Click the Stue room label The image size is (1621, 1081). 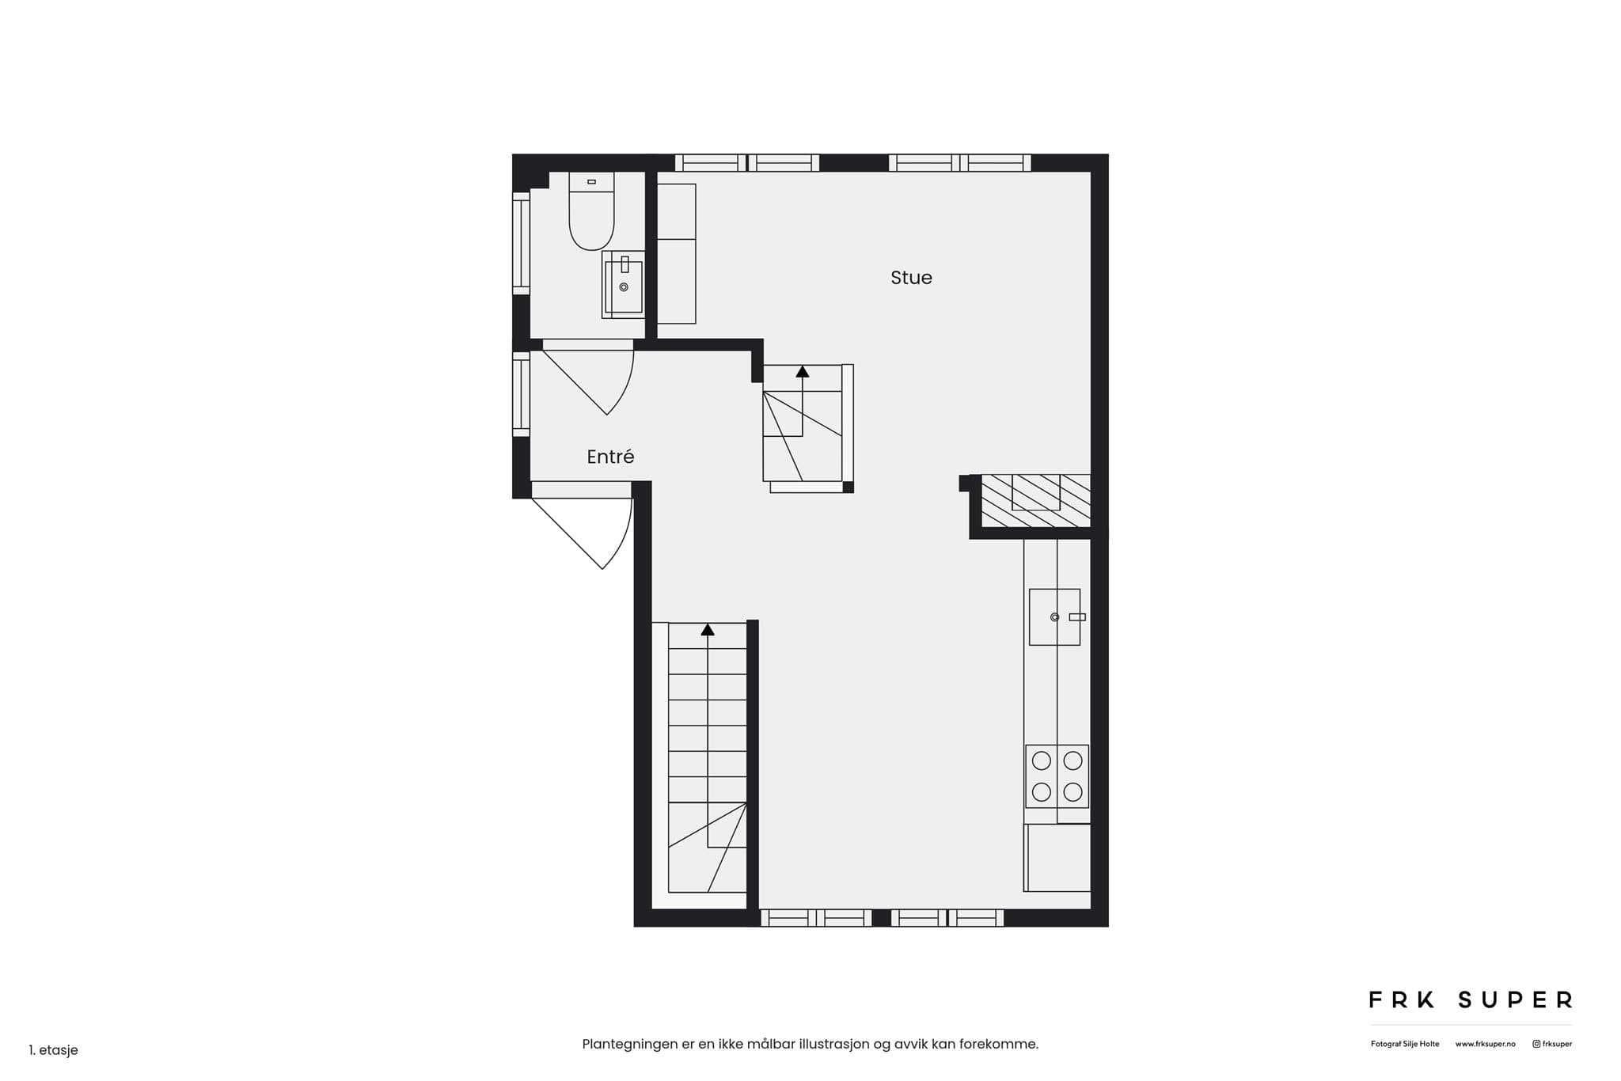point(911,278)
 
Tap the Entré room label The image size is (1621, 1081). point(610,457)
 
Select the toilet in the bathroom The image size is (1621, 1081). point(591,211)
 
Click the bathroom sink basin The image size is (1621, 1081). point(624,285)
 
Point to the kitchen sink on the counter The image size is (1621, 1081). point(1054,617)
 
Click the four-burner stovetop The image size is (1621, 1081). point(1057,776)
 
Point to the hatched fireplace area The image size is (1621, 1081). point(1035,500)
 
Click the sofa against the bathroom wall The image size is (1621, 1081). point(677,254)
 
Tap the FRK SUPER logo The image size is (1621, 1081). point(1471,1000)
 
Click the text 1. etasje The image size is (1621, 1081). point(54,1050)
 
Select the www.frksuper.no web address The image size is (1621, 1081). point(1485,1045)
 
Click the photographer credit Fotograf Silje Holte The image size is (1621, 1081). point(1405,1045)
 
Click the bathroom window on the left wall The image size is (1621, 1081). point(521,243)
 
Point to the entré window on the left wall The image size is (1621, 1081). point(521,394)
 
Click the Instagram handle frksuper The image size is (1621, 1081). point(1553,1045)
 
